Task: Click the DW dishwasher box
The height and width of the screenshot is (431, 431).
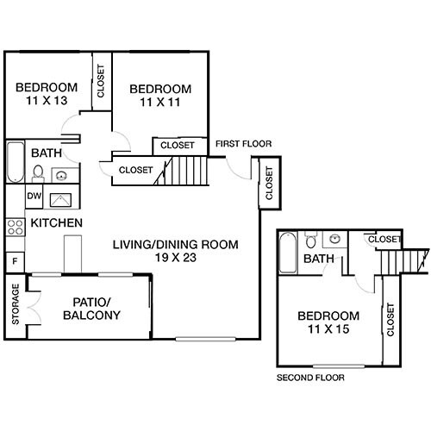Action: click(x=34, y=197)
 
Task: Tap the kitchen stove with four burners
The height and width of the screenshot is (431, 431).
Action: click(x=15, y=227)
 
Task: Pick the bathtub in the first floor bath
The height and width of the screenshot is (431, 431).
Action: click(x=15, y=161)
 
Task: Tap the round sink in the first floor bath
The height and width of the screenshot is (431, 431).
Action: click(x=61, y=176)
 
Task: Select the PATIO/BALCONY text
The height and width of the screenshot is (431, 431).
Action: click(x=91, y=309)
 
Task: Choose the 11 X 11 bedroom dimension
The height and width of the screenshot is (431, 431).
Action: click(x=160, y=103)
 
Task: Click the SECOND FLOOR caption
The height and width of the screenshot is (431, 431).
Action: click(x=310, y=378)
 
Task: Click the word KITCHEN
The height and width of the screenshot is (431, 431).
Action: click(x=57, y=223)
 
